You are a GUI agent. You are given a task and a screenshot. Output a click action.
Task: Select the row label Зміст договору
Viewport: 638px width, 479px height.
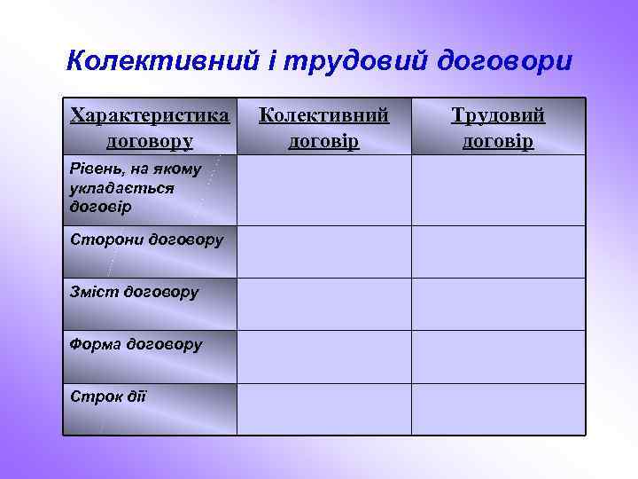(x=134, y=291)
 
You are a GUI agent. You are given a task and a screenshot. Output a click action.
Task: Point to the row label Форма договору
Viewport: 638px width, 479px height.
(x=136, y=343)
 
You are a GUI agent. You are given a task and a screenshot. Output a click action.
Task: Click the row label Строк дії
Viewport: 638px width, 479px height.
(x=107, y=395)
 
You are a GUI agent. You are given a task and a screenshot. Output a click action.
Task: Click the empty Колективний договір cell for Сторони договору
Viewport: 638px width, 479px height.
(x=324, y=252)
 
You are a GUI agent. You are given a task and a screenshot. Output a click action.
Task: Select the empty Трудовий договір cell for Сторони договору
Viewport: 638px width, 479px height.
(x=498, y=252)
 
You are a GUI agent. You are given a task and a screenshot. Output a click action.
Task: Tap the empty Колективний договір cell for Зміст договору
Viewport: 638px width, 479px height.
(x=324, y=304)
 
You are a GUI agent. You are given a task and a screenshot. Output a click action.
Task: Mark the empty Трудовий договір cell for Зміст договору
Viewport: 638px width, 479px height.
(x=498, y=304)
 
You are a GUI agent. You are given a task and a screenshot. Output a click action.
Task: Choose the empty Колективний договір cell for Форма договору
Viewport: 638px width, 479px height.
(x=324, y=357)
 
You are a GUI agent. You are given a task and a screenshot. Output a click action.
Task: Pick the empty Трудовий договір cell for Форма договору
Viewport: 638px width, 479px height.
(x=498, y=357)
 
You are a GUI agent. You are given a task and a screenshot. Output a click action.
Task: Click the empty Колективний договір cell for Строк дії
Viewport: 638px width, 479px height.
(x=324, y=409)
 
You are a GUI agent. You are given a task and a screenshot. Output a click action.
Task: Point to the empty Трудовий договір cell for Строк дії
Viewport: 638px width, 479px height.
(x=498, y=409)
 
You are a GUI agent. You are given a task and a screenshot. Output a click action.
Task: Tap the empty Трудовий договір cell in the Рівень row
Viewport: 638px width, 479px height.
(x=498, y=190)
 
